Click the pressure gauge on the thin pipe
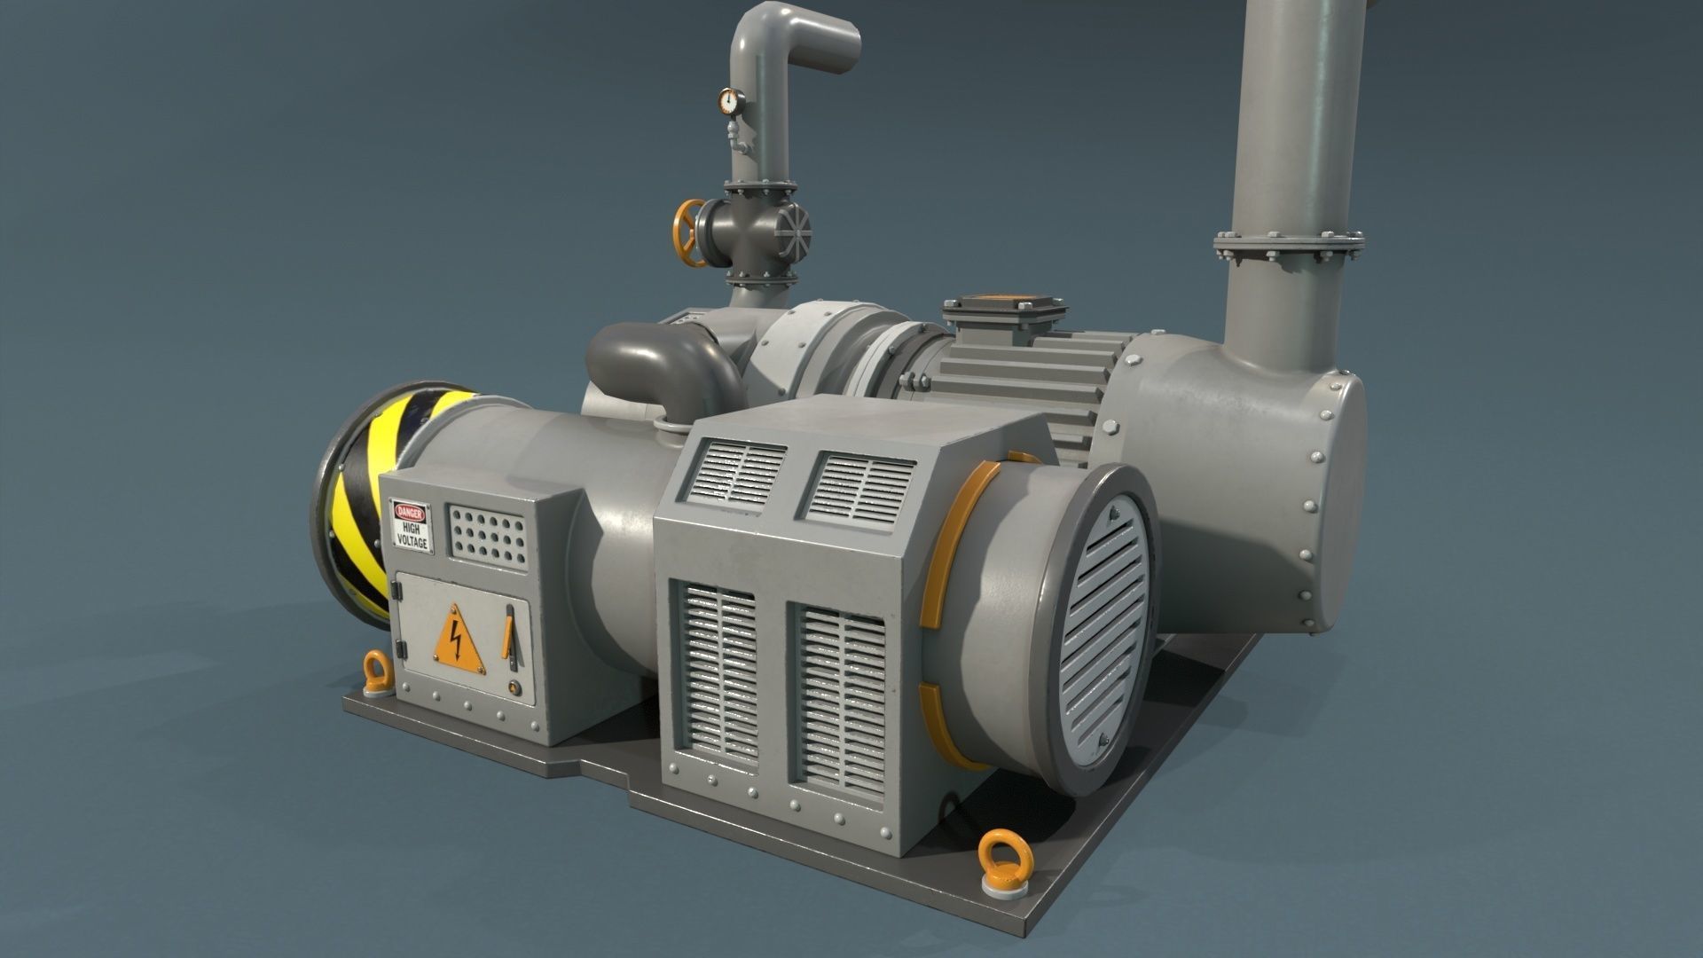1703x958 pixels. coord(728,102)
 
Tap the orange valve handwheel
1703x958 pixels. coord(688,232)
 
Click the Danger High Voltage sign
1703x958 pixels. coord(411,526)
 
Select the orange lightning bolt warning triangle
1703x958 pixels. coord(458,640)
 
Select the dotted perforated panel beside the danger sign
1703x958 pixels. coord(489,534)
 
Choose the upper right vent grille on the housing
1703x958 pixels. coord(859,485)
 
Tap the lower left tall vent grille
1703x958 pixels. coord(718,671)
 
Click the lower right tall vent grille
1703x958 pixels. coord(838,698)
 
